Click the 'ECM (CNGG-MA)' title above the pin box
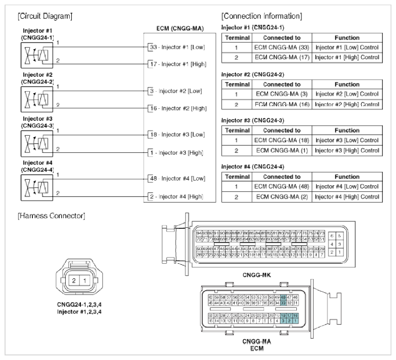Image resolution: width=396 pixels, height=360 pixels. point(181,30)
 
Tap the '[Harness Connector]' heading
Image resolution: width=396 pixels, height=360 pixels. point(51,216)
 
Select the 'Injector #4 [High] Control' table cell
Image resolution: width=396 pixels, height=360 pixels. point(347,196)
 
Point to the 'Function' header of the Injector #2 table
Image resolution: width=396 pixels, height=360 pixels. point(347,84)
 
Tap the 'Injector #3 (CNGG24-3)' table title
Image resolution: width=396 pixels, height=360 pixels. point(253,121)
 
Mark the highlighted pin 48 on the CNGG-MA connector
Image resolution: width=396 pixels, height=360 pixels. point(284,297)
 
